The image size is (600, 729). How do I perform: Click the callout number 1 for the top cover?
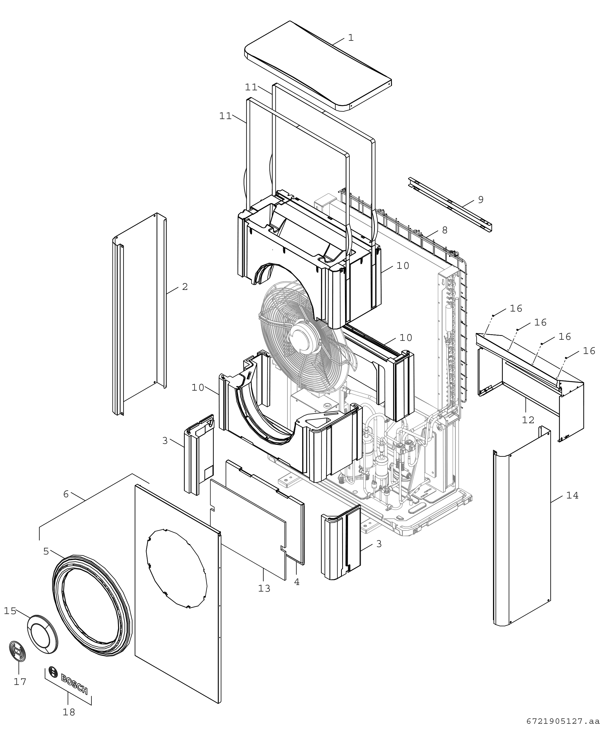pos(351,38)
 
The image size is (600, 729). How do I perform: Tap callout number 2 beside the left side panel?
pos(185,287)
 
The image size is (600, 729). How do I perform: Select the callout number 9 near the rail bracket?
pos(481,200)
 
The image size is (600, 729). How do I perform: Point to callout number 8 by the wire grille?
pos(445,230)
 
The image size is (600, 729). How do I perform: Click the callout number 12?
pos(528,420)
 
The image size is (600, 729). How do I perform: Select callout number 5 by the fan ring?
pos(46,551)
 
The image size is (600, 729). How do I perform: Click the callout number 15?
pos(10,611)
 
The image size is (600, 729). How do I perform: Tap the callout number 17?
pos(20,681)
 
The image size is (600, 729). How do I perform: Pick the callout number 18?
pos(69,712)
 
